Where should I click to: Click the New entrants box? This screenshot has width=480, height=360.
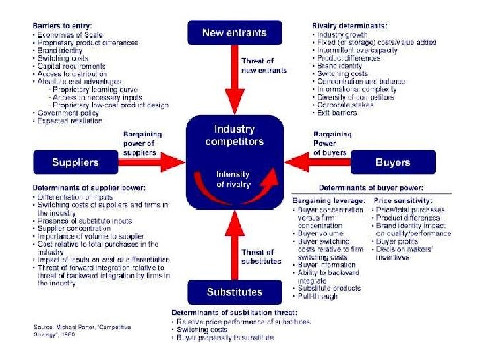(234, 32)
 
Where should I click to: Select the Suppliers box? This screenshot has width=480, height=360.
(75, 162)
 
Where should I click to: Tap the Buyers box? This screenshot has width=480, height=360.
(393, 162)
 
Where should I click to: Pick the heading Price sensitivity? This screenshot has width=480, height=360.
(404, 200)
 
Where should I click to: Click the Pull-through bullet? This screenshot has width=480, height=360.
(318, 296)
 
